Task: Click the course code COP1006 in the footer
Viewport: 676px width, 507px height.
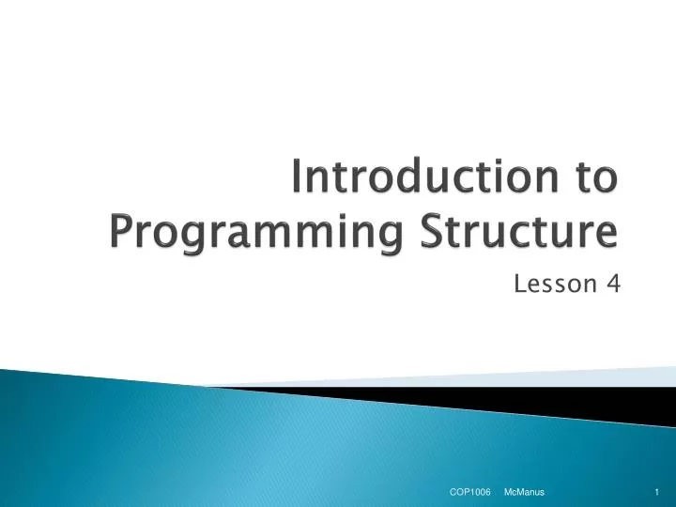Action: coord(470,492)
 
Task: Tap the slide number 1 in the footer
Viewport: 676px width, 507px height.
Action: coord(657,492)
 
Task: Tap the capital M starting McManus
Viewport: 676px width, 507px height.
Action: coord(508,492)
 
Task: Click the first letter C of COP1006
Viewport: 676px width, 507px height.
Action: coord(452,492)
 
